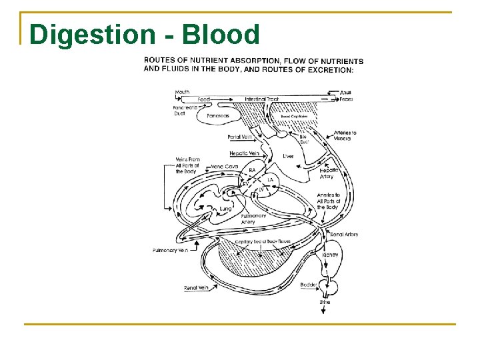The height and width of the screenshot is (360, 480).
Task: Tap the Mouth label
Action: click(x=182, y=92)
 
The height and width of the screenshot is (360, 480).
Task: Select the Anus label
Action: click(x=345, y=92)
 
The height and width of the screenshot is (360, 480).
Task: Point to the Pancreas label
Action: click(x=217, y=115)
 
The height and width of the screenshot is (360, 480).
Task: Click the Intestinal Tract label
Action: click(x=262, y=99)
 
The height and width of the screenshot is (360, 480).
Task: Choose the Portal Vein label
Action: click(x=239, y=137)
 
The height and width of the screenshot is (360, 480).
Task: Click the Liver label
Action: click(x=288, y=156)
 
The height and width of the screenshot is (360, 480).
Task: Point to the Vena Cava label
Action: click(x=224, y=166)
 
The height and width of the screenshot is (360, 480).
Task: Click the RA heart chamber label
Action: click(x=252, y=171)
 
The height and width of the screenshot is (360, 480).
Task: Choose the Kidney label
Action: click(x=330, y=255)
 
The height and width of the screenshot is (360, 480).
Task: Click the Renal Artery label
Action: click(x=344, y=235)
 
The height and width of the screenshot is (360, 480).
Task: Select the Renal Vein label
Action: click(x=195, y=288)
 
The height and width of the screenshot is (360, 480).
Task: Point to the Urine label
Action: click(x=325, y=303)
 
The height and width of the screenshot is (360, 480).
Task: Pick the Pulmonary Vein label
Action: click(x=171, y=250)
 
